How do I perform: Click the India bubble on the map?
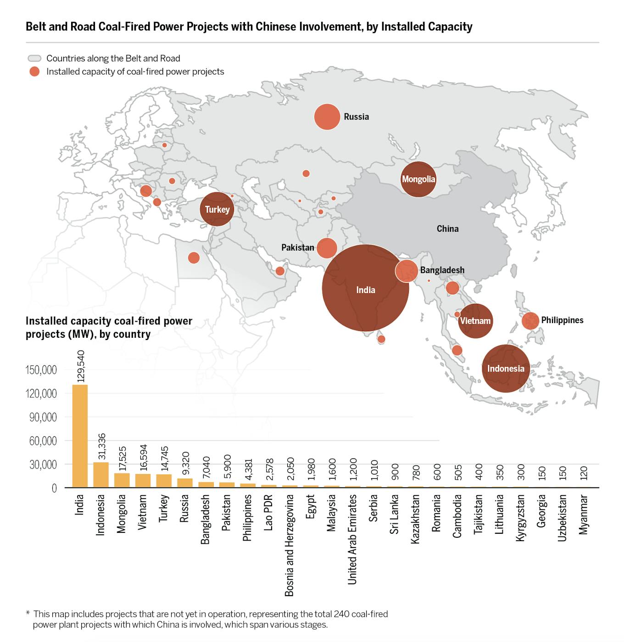(365, 288)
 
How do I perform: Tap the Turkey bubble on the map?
(217, 209)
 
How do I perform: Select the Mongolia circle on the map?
(418, 179)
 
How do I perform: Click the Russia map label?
(356, 117)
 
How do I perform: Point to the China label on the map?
(447, 229)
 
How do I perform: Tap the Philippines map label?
(562, 320)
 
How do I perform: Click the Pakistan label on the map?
(298, 247)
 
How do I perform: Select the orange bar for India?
(80, 436)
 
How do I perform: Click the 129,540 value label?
(81, 366)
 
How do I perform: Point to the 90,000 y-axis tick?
(41, 417)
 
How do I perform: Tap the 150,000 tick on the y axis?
(41, 370)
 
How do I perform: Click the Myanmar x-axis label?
(583, 514)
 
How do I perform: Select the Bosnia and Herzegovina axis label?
(289, 545)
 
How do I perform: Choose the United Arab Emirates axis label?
(352, 539)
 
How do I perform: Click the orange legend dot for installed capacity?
(34, 72)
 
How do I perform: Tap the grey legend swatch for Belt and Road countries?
(35, 58)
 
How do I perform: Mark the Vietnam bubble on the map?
(475, 321)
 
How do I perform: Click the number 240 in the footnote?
(342, 614)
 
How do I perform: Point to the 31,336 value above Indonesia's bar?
(102, 446)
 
